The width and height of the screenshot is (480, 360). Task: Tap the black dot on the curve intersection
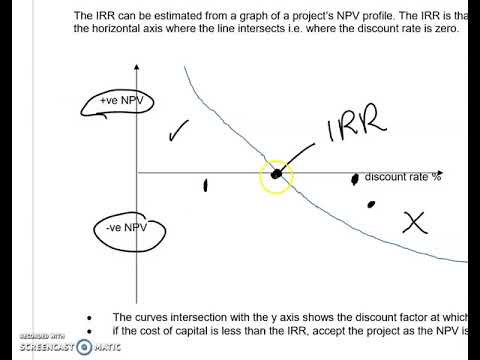[276, 175]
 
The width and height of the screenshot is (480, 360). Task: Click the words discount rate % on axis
[403, 178]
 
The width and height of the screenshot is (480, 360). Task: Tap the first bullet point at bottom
[91, 317]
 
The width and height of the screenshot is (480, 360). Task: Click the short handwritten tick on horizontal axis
[206, 184]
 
